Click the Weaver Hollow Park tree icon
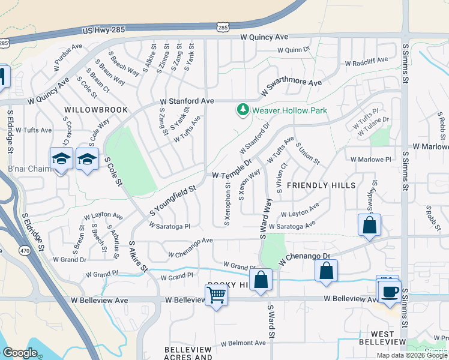coord(243,110)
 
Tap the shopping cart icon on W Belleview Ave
coord(215,294)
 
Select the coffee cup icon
coord(390,292)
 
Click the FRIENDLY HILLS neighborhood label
coord(321,185)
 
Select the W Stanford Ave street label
coord(187,101)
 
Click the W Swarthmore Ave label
coord(291,89)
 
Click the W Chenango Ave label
coord(190,241)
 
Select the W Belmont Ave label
coord(243,343)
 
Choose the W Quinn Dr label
coord(292,50)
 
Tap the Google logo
coord(20,353)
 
